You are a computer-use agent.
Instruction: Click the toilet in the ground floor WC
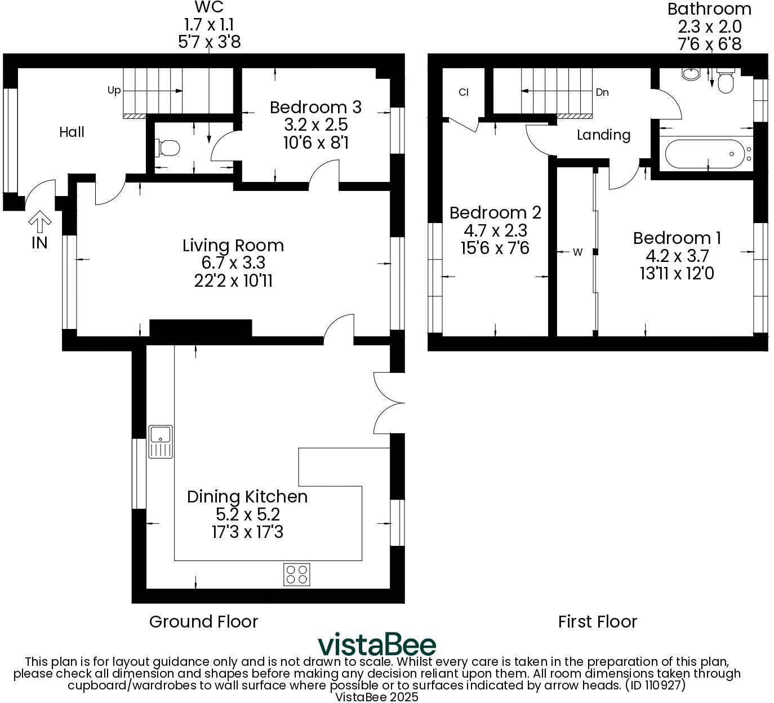tap(167, 148)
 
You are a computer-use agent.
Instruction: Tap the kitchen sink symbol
tap(161, 441)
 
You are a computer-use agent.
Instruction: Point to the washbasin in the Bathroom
tap(690, 74)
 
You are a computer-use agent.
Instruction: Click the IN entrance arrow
tap(39, 223)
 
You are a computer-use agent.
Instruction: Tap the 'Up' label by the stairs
tap(114, 90)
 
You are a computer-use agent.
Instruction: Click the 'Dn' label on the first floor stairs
tap(602, 92)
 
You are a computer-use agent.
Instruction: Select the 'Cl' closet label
tap(464, 92)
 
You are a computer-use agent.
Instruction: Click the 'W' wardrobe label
tap(577, 252)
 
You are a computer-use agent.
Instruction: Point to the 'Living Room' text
tap(233, 246)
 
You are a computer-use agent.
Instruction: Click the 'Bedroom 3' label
tap(315, 107)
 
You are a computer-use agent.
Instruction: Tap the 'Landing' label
tap(603, 135)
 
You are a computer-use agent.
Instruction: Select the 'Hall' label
tap(72, 132)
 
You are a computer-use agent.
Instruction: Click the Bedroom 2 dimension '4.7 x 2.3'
tap(495, 230)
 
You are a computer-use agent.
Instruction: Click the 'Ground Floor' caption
tap(203, 621)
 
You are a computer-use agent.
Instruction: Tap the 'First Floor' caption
tap(597, 621)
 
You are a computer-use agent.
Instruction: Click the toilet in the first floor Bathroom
tap(725, 82)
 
